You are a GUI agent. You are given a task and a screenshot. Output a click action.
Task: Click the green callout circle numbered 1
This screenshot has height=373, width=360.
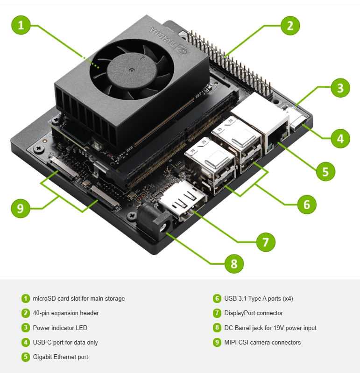click(21, 25)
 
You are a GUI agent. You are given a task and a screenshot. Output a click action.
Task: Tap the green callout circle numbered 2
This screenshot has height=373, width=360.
click(290, 25)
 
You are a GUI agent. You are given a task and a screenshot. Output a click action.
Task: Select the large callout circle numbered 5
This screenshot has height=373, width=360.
click(325, 171)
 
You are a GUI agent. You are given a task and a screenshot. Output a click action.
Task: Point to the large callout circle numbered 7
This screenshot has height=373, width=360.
click(266, 242)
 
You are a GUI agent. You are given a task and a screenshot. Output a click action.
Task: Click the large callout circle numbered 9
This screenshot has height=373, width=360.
click(20, 208)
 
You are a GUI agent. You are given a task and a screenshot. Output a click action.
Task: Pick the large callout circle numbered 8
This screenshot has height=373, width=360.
click(234, 264)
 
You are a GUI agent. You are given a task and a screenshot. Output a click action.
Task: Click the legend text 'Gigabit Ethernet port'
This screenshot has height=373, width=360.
click(60, 357)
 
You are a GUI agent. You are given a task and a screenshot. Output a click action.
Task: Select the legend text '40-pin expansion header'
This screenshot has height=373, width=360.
click(65, 313)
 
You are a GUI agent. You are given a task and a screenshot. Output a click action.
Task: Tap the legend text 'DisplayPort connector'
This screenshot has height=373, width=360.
click(254, 313)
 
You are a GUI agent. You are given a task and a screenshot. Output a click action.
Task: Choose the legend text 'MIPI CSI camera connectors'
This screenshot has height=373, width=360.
click(262, 342)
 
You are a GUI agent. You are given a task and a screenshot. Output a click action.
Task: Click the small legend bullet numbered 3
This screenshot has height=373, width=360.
click(25, 328)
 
